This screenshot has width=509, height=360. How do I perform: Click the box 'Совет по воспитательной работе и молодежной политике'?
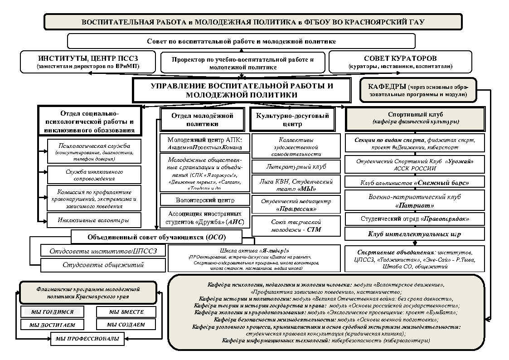pyautogui.click(x=241, y=41)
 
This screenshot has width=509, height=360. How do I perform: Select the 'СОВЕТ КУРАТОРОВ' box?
pyautogui.click(x=400, y=62)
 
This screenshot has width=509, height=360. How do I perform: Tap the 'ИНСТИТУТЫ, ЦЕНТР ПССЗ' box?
pyautogui.click(x=88, y=62)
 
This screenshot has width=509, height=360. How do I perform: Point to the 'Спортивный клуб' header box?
pyautogui.click(x=415, y=118)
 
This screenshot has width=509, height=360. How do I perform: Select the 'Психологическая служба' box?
pyautogui.click(x=95, y=151)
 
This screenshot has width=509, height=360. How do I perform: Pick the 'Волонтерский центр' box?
pyautogui.click(x=202, y=199)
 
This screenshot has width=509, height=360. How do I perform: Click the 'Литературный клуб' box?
pyautogui.click(x=296, y=166)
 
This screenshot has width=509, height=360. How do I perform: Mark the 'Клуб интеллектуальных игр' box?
pyautogui.click(x=415, y=234)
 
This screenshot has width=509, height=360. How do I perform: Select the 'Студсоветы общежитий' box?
pyautogui.click(x=103, y=265)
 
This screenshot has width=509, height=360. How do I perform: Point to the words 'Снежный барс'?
pyautogui.click(x=441, y=183)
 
